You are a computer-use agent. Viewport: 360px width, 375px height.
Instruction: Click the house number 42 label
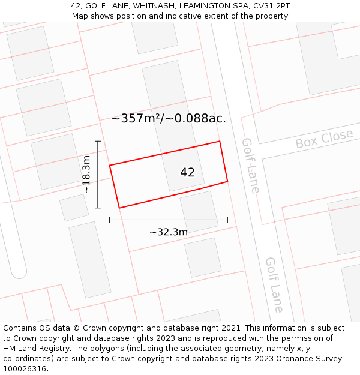pyautogui.click(x=187, y=173)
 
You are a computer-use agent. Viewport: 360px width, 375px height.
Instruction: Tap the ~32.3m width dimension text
pyautogui.click(x=169, y=232)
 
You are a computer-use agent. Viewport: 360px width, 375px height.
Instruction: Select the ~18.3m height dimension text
pyautogui.click(x=86, y=174)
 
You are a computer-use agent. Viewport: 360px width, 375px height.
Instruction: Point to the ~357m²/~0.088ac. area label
pyautogui.click(x=169, y=118)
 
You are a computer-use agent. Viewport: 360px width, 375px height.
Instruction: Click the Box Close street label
pyautogui.click(x=324, y=139)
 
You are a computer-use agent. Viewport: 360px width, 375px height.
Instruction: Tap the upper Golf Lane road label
pyautogui.click(x=250, y=166)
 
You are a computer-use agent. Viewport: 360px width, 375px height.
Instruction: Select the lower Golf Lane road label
pyautogui.click(x=274, y=284)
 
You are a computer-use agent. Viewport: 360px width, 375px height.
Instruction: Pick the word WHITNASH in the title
pyautogui.click(x=157, y=6)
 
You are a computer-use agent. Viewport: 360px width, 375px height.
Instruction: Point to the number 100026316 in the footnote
pyautogui.click(x=25, y=368)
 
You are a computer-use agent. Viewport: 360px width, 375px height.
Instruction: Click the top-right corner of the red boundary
pyautogui.click(x=220, y=142)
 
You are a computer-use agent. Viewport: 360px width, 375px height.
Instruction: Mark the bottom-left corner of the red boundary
pyautogui.click(x=119, y=208)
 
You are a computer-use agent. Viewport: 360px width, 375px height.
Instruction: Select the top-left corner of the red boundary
pyautogui.click(x=110, y=165)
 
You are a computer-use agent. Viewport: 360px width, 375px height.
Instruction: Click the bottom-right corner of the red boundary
pyautogui.click(x=227, y=181)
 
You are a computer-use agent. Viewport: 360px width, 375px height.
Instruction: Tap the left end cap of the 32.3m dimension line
pyautogui.click(x=110, y=220)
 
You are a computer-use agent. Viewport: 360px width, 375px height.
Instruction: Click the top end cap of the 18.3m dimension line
pyautogui.click(x=98, y=142)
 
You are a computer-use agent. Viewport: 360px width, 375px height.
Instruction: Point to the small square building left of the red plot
pyautogui.click(x=74, y=208)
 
